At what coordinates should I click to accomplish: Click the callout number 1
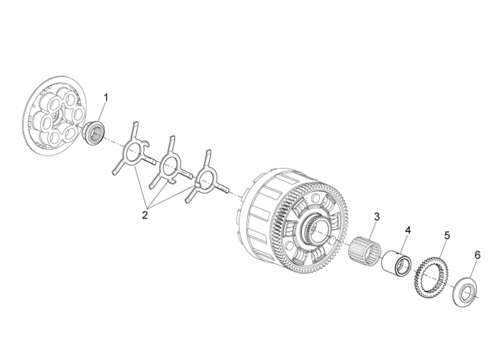point(106,97)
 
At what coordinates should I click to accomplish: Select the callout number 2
point(145,215)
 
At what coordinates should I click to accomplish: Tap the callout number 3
point(376,216)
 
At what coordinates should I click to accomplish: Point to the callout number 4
point(408,230)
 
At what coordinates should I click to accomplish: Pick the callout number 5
point(447,235)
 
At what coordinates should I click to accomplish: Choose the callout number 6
point(477,255)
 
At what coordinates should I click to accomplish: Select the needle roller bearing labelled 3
point(364,250)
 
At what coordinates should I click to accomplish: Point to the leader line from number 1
point(103,112)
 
